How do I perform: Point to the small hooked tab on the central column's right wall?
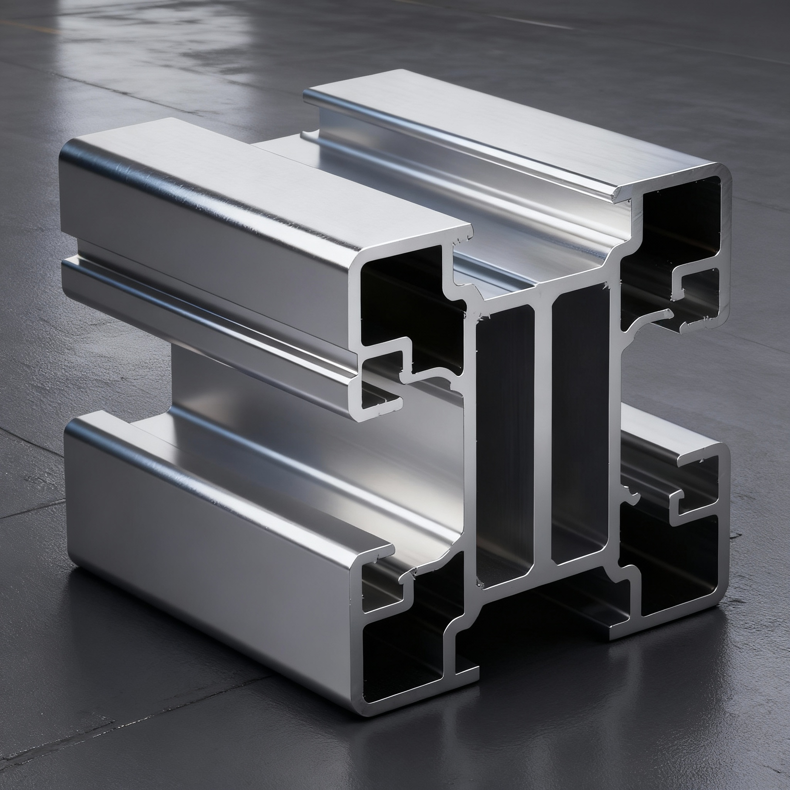[x=632, y=497]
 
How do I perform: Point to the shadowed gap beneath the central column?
[x=544, y=613]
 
